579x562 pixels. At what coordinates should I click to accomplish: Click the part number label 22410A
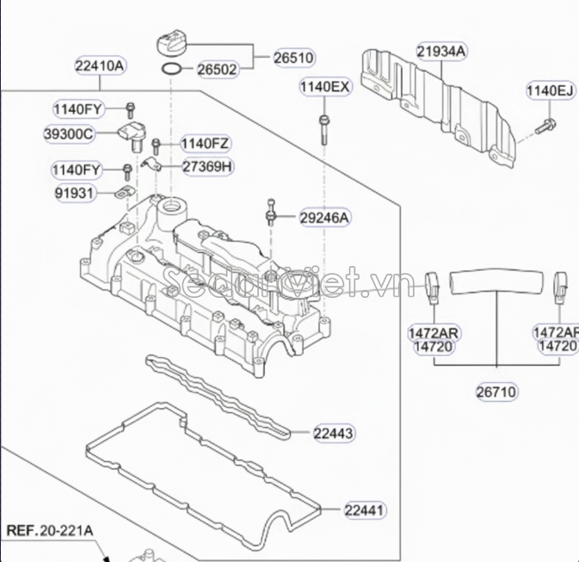(x=101, y=65)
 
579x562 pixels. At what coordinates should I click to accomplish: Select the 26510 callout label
(x=293, y=58)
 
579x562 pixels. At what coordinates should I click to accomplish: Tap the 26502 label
(x=217, y=70)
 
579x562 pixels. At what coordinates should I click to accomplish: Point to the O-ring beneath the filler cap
(x=172, y=68)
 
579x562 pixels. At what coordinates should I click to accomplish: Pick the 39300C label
(x=68, y=134)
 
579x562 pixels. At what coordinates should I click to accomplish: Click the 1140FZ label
(x=205, y=143)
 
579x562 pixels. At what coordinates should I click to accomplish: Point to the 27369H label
(x=207, y=166)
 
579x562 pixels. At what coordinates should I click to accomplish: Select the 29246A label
(x=324, y=219)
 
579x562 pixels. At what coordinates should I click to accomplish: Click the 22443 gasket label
(x=333, y=432)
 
